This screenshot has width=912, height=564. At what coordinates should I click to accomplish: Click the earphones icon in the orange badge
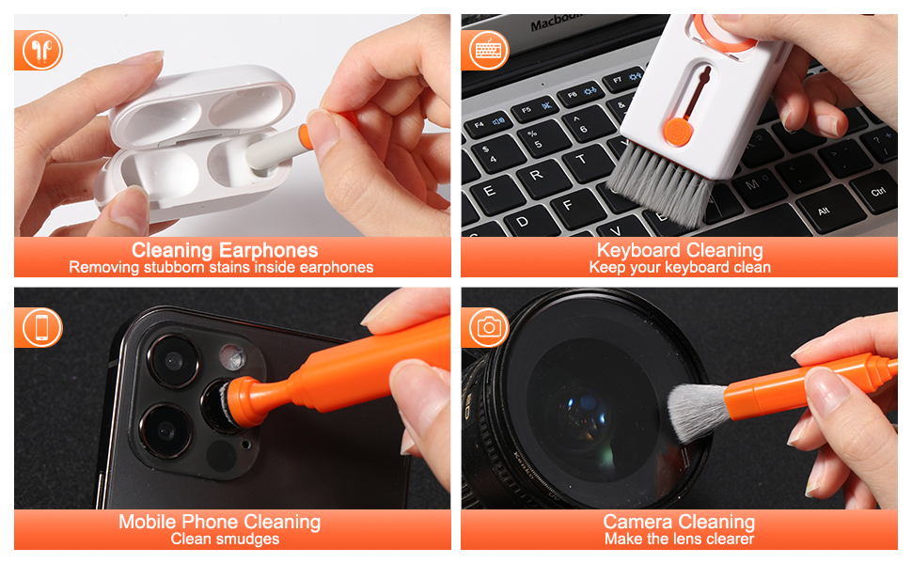(41, 51)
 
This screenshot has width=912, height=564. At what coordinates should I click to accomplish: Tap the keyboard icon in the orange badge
(489, 51)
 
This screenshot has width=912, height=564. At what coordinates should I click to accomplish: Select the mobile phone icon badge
(41, 327)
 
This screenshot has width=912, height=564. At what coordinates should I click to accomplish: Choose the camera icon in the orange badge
(489, 327)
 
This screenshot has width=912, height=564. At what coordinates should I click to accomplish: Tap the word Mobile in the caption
(148, 522)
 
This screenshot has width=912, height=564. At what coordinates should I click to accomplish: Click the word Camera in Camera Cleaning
(637, 522)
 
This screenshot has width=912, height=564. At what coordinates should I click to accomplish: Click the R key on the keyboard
(537, 175)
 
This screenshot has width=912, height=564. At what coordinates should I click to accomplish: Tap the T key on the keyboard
(582, 158)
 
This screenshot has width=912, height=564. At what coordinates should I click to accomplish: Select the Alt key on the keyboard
(825, 210)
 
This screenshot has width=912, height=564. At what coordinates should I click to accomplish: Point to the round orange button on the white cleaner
(678, 132)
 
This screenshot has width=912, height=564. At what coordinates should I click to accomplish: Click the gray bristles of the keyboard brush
(661, 186)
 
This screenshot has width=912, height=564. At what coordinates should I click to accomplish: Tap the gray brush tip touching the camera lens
(696, 412)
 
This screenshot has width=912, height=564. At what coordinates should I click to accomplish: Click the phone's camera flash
(232, 357)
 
